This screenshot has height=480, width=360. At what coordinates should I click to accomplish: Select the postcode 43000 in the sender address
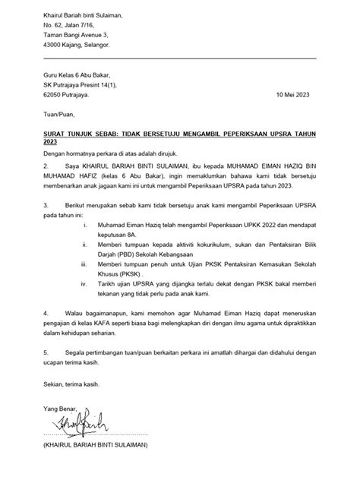(x=54, y=45)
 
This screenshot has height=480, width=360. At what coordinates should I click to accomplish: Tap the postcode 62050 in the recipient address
(x=54, y=94)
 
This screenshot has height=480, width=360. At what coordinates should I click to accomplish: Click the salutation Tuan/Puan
(x=58, y=115)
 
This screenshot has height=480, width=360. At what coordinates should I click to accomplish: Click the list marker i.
(x=84, y=226)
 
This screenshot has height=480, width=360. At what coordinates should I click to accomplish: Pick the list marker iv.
(x=84, y=283)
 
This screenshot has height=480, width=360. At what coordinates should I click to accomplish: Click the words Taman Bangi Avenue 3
(x=75, y=35)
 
